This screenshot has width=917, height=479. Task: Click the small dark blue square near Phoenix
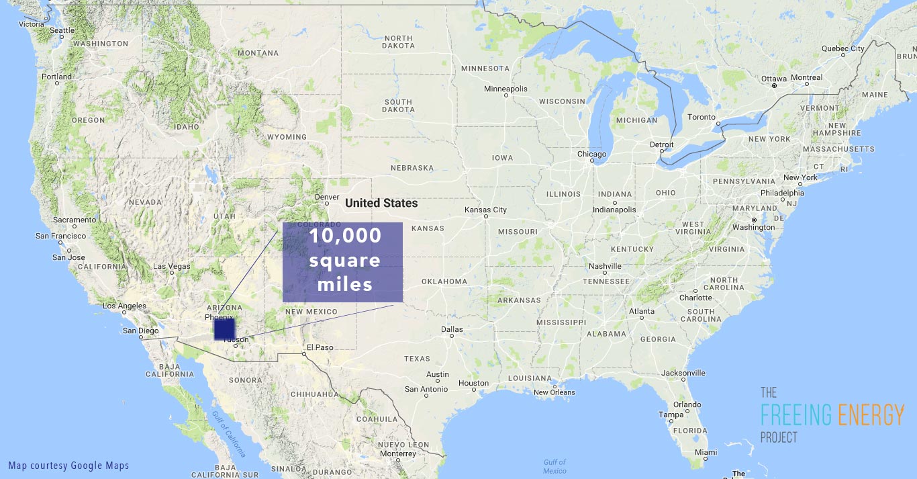pos(224,329)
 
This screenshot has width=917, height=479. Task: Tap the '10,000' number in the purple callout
pos(345,236)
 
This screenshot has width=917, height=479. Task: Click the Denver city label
pos(327,198)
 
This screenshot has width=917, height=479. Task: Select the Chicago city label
pos(591,155)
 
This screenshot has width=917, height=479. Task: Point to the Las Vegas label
pos(172,267)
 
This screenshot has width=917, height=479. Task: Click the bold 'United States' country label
pos(381,203)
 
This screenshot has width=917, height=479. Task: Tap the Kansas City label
pos(485,210)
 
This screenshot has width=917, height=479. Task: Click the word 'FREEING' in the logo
pos(795,415)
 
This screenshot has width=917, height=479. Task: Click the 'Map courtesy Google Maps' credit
pos(68,466)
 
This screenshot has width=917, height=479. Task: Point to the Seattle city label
pos(62,30)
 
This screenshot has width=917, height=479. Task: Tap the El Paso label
pos(320,347)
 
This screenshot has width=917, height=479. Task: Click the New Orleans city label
pos(554,393)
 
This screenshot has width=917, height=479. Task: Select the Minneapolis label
pos(505,89)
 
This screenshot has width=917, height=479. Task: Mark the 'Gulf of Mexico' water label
pos(554,466)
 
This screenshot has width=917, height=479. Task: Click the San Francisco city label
pos(60,236)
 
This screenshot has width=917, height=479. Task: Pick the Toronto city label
pos(702,117)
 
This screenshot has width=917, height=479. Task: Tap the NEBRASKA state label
pos(412,168)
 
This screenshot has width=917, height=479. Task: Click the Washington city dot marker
pos(755,220)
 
